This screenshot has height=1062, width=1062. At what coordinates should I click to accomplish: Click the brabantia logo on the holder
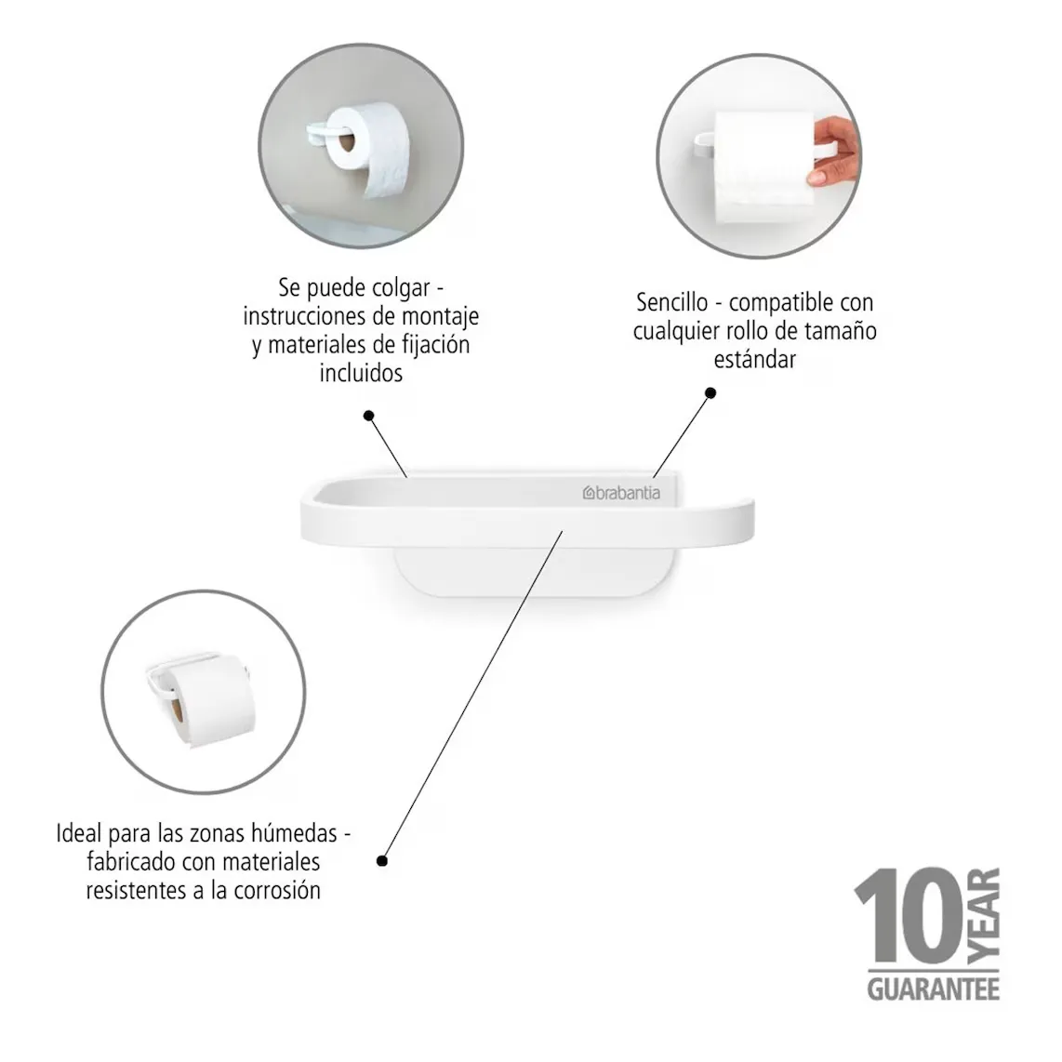[x=621, y=493]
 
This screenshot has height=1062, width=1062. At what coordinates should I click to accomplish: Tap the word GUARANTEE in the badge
[x=934, y=989]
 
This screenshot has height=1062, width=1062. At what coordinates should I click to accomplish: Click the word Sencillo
[x=671, y=302]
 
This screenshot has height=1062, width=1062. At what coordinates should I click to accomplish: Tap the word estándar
[x=754, y=359]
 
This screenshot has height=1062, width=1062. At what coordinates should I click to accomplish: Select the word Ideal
[x=79, y=833]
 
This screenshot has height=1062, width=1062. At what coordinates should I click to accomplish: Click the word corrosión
[x=277, y=890]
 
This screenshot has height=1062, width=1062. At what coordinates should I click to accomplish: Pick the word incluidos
[x=361, y=373]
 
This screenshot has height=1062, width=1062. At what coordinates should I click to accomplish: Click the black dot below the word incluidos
[x=368, y=415]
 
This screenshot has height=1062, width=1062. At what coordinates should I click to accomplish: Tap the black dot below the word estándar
[x=710, y=392]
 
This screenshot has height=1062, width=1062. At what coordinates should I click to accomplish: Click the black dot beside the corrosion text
[x=382, y=861]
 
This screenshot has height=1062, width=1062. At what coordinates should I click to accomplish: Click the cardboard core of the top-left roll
[x=346, y=143]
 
